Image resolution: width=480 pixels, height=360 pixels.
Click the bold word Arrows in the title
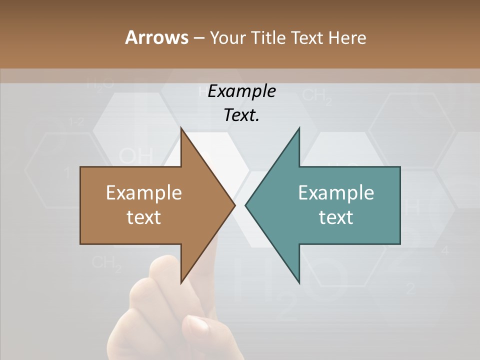click(x=156, y=37)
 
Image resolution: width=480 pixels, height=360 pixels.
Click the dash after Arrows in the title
click(x=198, y=38)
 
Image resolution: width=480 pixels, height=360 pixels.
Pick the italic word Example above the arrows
click(x=241, y=91)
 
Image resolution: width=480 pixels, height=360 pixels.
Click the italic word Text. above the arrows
click(x=241, y=115)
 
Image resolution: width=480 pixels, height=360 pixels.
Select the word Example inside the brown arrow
click(x=144, y=193)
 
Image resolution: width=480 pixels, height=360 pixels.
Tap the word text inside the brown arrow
click(x=144, y=217)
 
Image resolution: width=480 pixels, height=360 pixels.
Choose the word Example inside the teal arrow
click(x=336, y=193)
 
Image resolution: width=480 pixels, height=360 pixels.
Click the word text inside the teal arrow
click(x=336, y=217)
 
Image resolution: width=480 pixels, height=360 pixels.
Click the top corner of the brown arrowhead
click(x=181, y=128)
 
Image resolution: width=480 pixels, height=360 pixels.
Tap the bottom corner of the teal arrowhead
click(x=299, y=283)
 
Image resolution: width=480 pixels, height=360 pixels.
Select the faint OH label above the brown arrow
click(x=135, y=155)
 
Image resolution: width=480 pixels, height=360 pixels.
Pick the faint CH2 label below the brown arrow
click(x=107, y=263)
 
